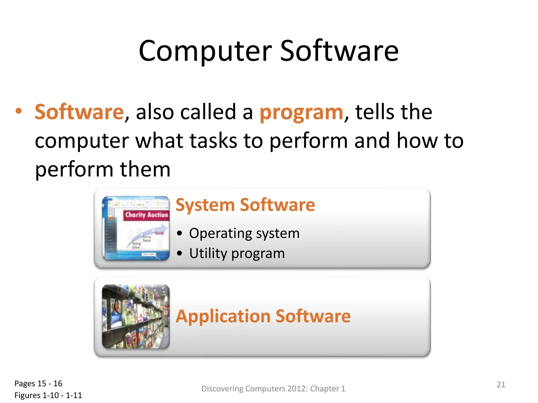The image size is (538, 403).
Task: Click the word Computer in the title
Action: point(205,51)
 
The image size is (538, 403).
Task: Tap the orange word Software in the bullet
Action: point(79,112)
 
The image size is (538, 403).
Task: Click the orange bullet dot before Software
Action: point(18,111)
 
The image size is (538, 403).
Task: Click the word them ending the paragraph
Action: point(145,169)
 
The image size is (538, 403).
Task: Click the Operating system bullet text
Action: point(244,233)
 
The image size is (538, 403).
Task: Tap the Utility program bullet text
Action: point(237,253)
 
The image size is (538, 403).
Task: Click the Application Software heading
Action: point(263,316)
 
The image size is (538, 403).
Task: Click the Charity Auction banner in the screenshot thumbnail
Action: point(146,215)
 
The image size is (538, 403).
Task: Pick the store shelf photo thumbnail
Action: point(136,317)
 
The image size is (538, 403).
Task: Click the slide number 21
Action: point(501,385)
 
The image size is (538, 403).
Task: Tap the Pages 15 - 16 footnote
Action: point(38,384)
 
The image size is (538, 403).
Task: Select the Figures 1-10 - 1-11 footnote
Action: point(48,395)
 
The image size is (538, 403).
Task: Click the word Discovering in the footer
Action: point(222,389)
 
